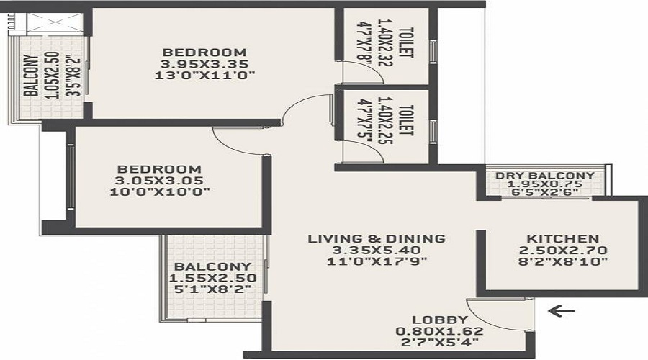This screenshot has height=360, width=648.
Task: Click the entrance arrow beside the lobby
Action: point(561,310)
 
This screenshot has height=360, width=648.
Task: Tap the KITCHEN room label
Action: point(562,239)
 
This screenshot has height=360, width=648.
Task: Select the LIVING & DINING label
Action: point(377,238)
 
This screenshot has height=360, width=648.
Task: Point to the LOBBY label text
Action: point(440,320)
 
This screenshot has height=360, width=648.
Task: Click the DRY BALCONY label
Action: point(545,175)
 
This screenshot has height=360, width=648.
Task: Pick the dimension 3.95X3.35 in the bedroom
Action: point(204,64)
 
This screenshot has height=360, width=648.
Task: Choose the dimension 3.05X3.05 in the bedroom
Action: point(160,181)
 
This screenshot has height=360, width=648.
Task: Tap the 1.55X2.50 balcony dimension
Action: point(212,278)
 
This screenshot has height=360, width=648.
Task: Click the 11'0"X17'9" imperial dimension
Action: point(377,261)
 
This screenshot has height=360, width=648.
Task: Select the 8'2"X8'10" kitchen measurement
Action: point(562,261)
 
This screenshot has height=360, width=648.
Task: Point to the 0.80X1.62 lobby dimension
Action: point(439,331)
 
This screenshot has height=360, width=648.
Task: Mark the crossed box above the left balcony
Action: point(55,23)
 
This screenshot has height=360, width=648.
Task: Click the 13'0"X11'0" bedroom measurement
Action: point(204,76)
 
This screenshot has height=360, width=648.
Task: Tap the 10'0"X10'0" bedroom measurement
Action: point(160,192)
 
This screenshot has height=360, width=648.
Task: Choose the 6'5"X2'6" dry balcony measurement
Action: point(545,192)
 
